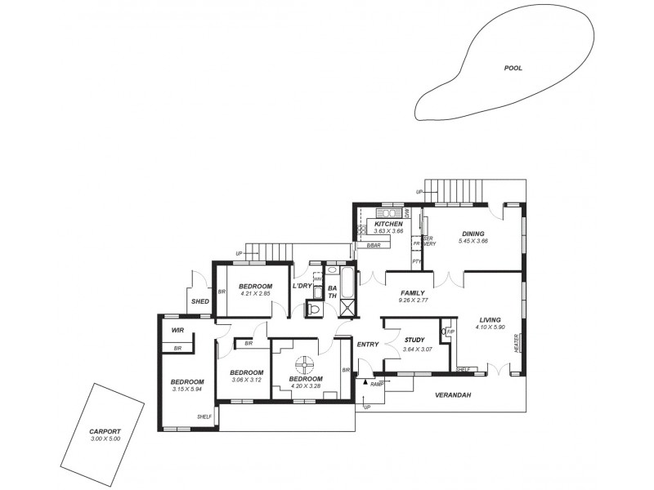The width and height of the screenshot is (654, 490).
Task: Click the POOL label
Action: pos(513,69)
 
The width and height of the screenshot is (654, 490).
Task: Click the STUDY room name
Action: pos(415,341)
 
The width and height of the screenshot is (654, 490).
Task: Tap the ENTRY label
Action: pos(368,344)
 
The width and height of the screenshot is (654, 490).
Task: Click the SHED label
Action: pos(200,301)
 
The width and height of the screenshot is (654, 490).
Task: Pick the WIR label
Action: pos(177,331)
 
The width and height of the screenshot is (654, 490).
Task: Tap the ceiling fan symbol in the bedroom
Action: pos(304,363)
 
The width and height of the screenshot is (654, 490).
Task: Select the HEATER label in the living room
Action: pos(516,343)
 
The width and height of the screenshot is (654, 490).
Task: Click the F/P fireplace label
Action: pos(450,332)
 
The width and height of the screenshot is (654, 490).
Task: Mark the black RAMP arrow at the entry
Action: pos(365,382)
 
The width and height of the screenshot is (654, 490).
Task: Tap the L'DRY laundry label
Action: pos(302,285)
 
